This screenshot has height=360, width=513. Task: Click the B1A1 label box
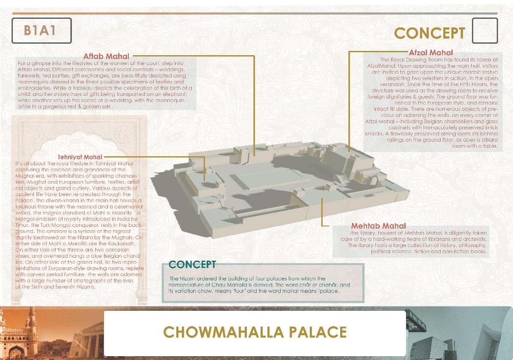(41, 30)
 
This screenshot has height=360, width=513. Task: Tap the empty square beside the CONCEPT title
(485, 31)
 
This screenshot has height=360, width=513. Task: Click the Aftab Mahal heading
(106, 56)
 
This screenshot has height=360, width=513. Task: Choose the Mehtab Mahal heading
(378, 226)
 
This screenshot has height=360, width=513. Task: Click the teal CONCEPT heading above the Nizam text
(192, 264)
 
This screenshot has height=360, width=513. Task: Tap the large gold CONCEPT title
(429, 33)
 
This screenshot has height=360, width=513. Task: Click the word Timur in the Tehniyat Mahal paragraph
(22, 225)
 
